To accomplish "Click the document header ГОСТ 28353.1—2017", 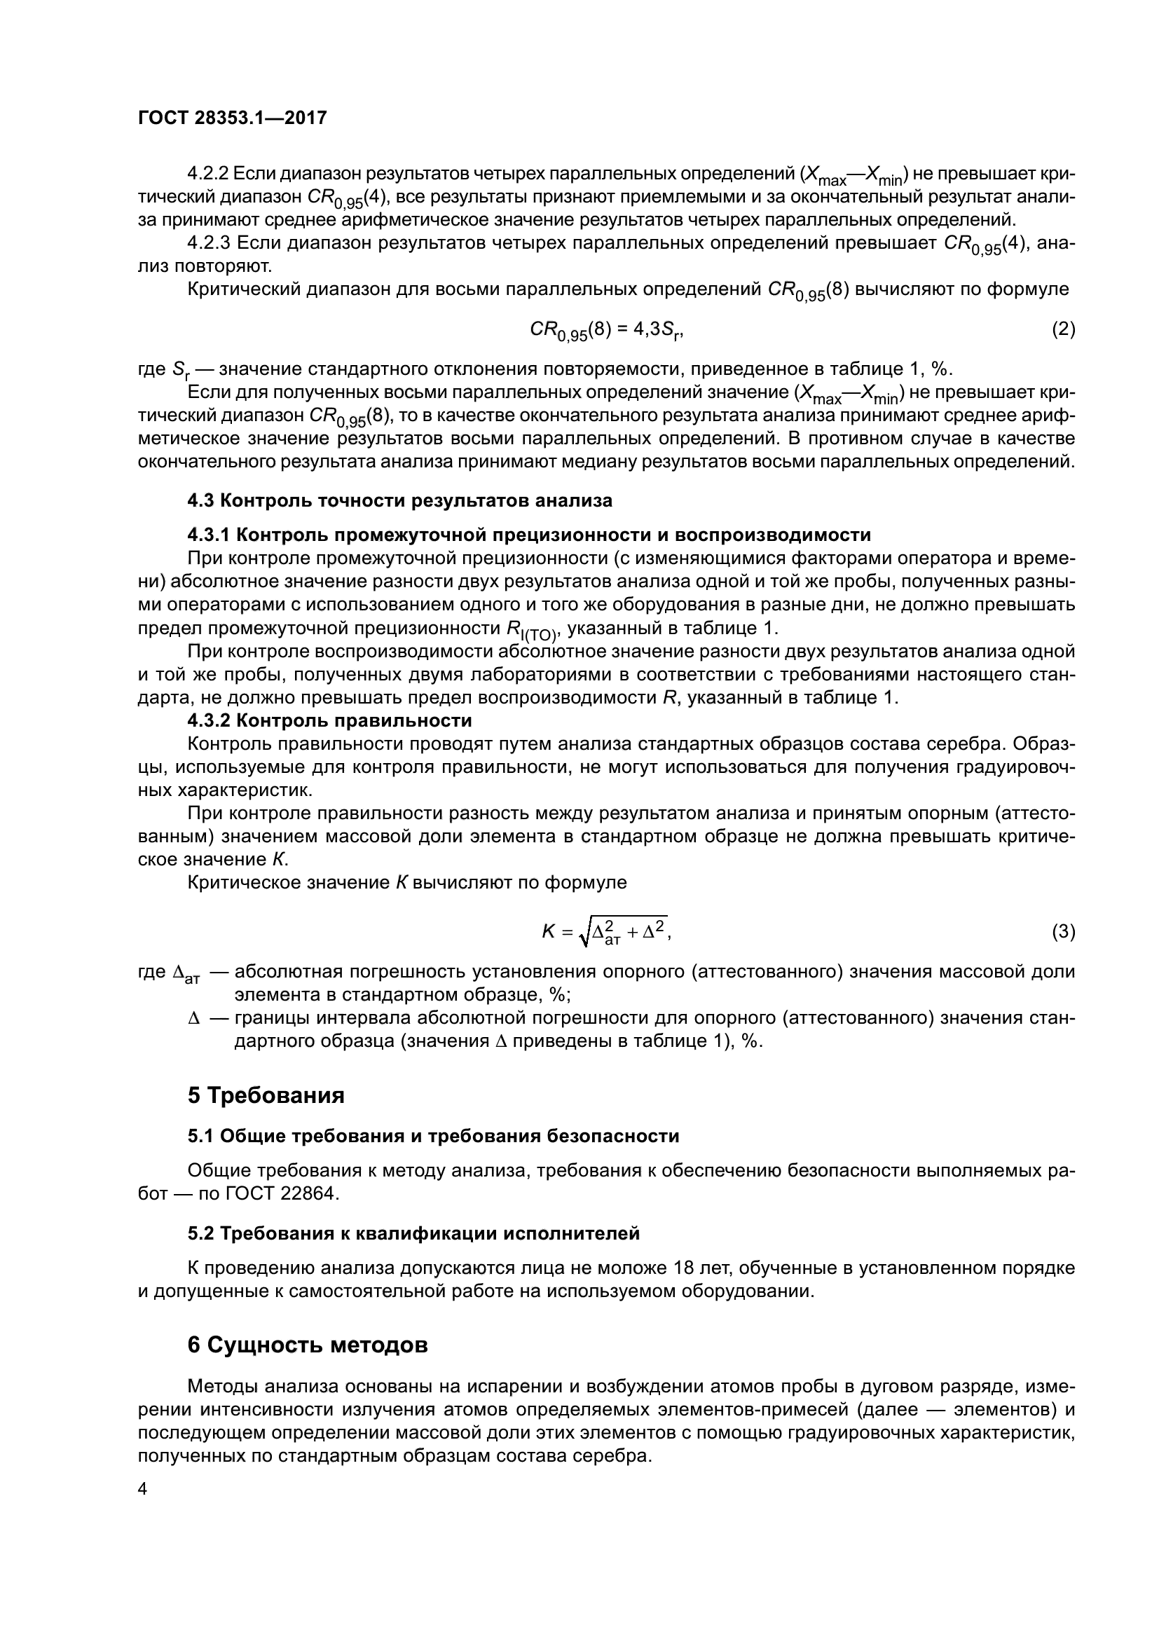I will (x=232, y=118).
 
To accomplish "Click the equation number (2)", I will (x=1064, y=329).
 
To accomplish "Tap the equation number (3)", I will (x=1064, y=932).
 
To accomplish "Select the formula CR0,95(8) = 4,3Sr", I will (x=607, y=331).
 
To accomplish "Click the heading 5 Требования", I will (x=266, y=1096).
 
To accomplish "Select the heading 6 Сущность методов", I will (x=308, y=1345).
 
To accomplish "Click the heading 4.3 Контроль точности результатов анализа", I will (x=399, y=500).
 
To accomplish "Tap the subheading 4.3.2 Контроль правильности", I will (x=330, y=720).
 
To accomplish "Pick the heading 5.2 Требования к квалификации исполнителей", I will (x=414, y=1233).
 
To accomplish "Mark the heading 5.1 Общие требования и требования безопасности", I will (x=433, y=1136).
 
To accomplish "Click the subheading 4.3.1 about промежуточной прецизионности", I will (x=529, y=535).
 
